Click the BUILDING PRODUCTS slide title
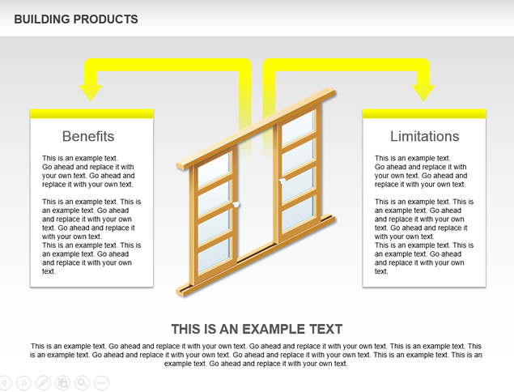tap(76, 19)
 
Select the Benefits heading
tap(88, 136)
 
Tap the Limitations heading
tap(424, 136)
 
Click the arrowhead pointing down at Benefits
tap(91, 93)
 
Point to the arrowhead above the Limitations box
tap(423, 93)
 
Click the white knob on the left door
tap(236, 205)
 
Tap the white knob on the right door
tap(282, 181)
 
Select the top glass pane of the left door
tap(215, 168)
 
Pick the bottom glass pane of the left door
tap(215, 255)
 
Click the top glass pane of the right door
tap(298, 127)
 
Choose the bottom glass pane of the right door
tap(298, 213)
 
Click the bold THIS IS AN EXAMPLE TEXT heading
tap(257, 329)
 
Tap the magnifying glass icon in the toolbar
tap(83, 382)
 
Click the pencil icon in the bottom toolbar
tap(43, 382)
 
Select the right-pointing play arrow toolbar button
tap(23, 382)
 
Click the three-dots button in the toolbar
tap(102, 382)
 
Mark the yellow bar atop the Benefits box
tap(91, 113)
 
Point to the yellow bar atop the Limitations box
tap(424, 113)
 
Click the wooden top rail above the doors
tap(256, 128)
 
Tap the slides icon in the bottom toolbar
tap(62, 382)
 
